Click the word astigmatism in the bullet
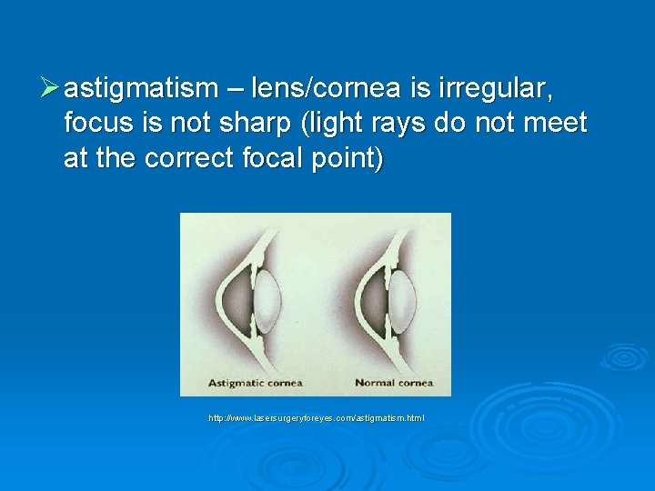[141, 89]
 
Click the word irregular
[499, 89]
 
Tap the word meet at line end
[555, 124]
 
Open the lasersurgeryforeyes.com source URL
[316, 418]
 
